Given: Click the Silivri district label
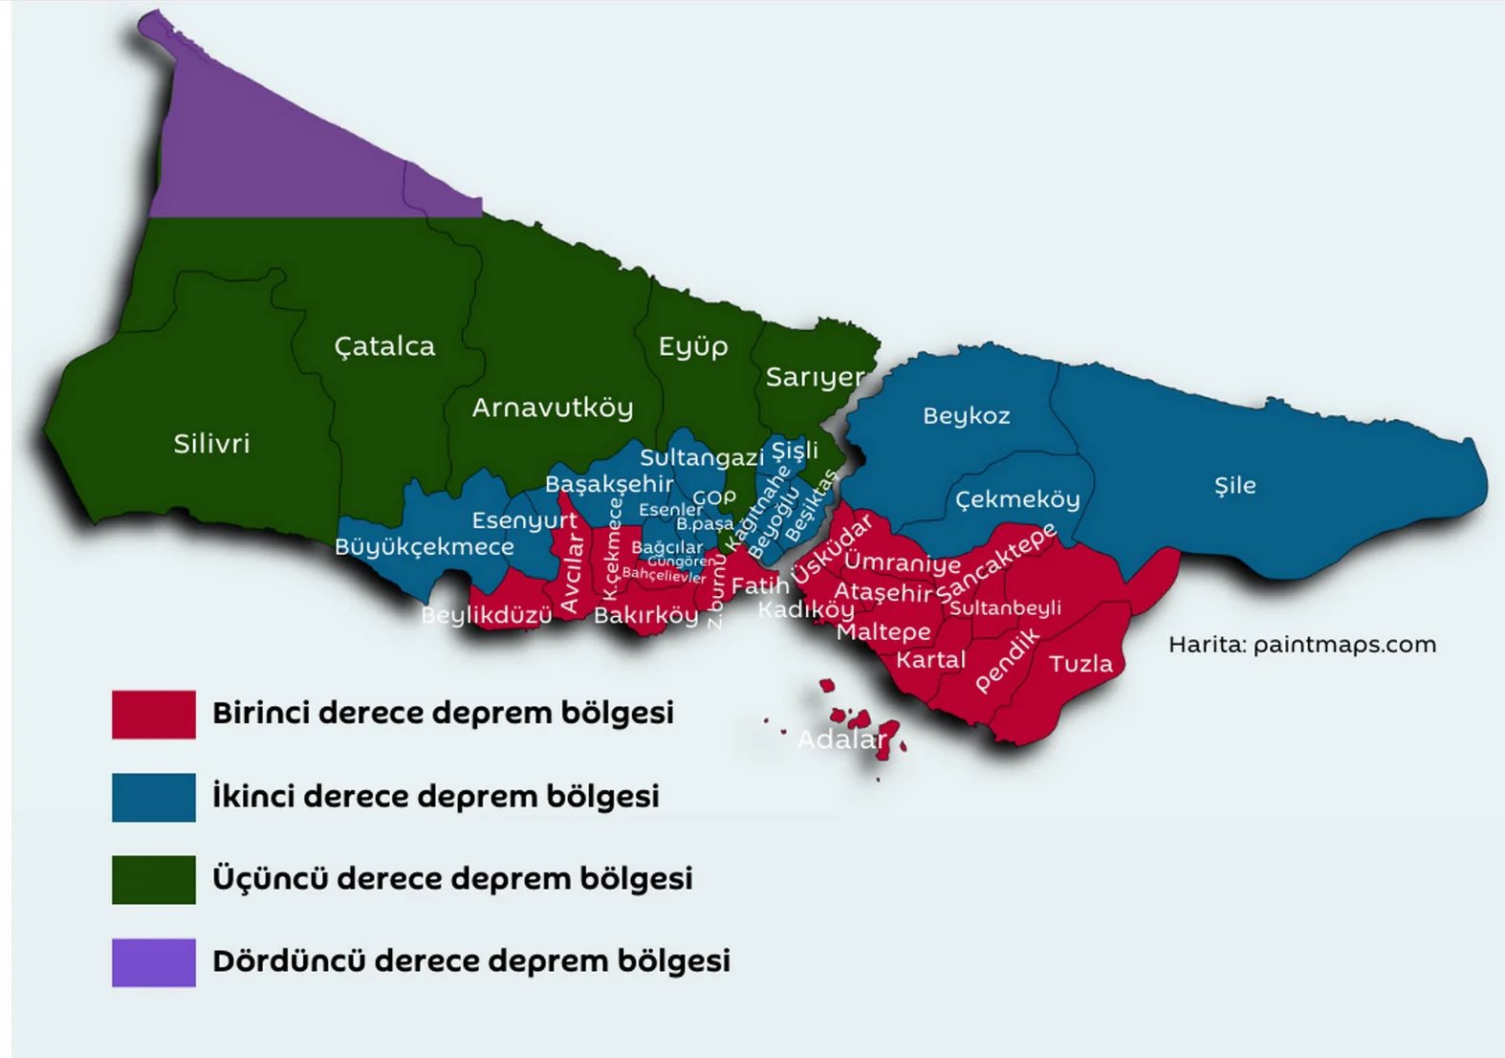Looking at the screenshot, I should [x=211, y=444].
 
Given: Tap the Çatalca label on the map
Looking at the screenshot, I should [x=384, y=346].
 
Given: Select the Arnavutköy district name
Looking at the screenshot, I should [x=553, y=408].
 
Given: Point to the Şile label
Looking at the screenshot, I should [x=1234, y=486].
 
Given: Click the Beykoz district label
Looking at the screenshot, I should [x=966, y=416].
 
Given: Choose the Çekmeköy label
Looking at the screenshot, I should [x=1017, y=499].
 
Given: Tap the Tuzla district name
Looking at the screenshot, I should [x=1080, y=664].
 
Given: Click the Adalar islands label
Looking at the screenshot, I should [x=841, y=739].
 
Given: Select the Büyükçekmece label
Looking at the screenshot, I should [x=424, y=547].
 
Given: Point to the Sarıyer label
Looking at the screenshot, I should [x=815, y=378].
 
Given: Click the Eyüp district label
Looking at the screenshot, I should [x=693, y=346].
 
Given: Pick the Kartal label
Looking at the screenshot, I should [x=930, y=660].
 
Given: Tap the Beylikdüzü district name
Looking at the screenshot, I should [x=487, y=615].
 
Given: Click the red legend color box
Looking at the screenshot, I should [x=154, y=715].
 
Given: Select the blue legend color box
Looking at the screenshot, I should [x=154, y=797].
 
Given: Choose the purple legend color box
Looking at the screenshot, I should [x=154, y=962].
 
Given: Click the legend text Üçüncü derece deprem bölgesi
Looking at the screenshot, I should [x=452, y=879].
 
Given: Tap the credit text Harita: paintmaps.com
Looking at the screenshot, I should [x=1301, y=645].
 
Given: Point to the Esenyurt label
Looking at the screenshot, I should [x=524, y=521].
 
